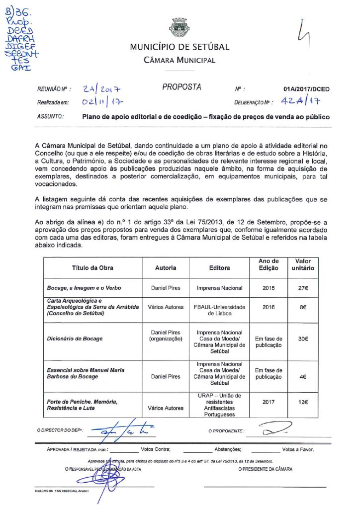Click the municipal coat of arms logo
point(179,27)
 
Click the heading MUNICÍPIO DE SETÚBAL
point(180,48)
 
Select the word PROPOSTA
point(181,87)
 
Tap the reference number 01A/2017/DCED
point(306,89)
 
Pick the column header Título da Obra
point(92,268)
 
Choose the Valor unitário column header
point(303,264)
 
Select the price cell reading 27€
point(303,288)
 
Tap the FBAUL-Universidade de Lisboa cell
point(219,310)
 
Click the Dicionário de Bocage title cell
point(75,339)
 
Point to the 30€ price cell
point(303,339)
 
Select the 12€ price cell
point(303,402)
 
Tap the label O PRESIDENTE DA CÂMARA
point(265,469)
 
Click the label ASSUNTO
point(50,117)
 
